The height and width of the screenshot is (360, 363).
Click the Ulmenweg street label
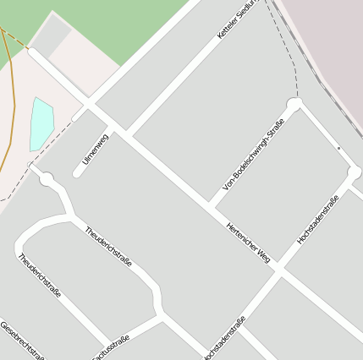click(x=96, y=148)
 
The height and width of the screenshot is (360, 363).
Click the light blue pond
click(x=41, y=123)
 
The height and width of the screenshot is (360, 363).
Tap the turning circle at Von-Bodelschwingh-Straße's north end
click(x=294, y=105)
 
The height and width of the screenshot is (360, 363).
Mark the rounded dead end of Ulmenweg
click(x=77, y=173)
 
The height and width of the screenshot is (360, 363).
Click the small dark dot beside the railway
click(x=338, y=148)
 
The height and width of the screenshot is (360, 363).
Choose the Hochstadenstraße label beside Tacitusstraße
click(x=223, y=339)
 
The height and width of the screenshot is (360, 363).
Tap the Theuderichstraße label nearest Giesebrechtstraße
click(x=39, y=275)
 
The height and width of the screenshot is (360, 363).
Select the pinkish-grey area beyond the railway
click(x=330, y=42)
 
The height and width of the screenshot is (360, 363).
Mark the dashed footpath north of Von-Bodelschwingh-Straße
click(x=292, y=51)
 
